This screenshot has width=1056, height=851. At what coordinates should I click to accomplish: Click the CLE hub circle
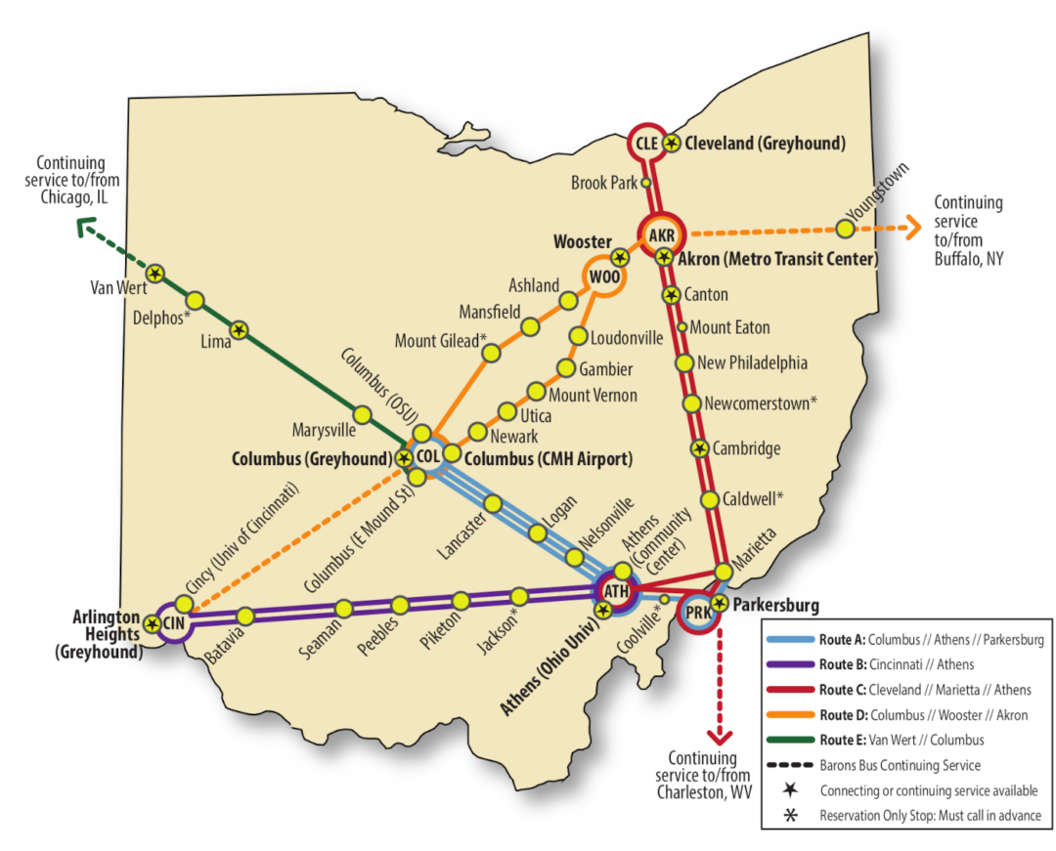[x=645, y=143]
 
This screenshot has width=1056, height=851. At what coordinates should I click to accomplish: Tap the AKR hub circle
[x=663, y=234]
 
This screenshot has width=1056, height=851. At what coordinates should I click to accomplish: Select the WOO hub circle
[x=604, y=277]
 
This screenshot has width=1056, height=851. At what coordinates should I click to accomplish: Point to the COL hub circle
[x=427, y=455]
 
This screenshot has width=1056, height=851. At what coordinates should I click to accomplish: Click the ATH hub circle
[x=616, y=592]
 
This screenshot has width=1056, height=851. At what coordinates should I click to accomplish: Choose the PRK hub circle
[x=698, y=613]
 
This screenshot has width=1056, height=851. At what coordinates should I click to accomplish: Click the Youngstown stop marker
[x=844, y=228]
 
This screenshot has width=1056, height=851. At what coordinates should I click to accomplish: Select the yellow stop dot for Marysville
[x=361, y=415]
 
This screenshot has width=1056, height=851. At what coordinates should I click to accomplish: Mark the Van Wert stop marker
[x=154, y=274]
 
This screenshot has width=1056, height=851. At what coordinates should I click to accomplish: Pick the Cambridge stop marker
[x=700, y=448]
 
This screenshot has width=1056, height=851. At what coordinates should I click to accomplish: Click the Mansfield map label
[x=489, y=312]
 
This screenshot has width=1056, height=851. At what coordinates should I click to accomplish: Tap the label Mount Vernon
[x=593, y=395]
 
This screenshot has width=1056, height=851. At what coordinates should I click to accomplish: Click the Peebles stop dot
[x=400, y=604]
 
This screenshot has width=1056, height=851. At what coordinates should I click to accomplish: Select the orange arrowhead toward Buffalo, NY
[x=913, y=228]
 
